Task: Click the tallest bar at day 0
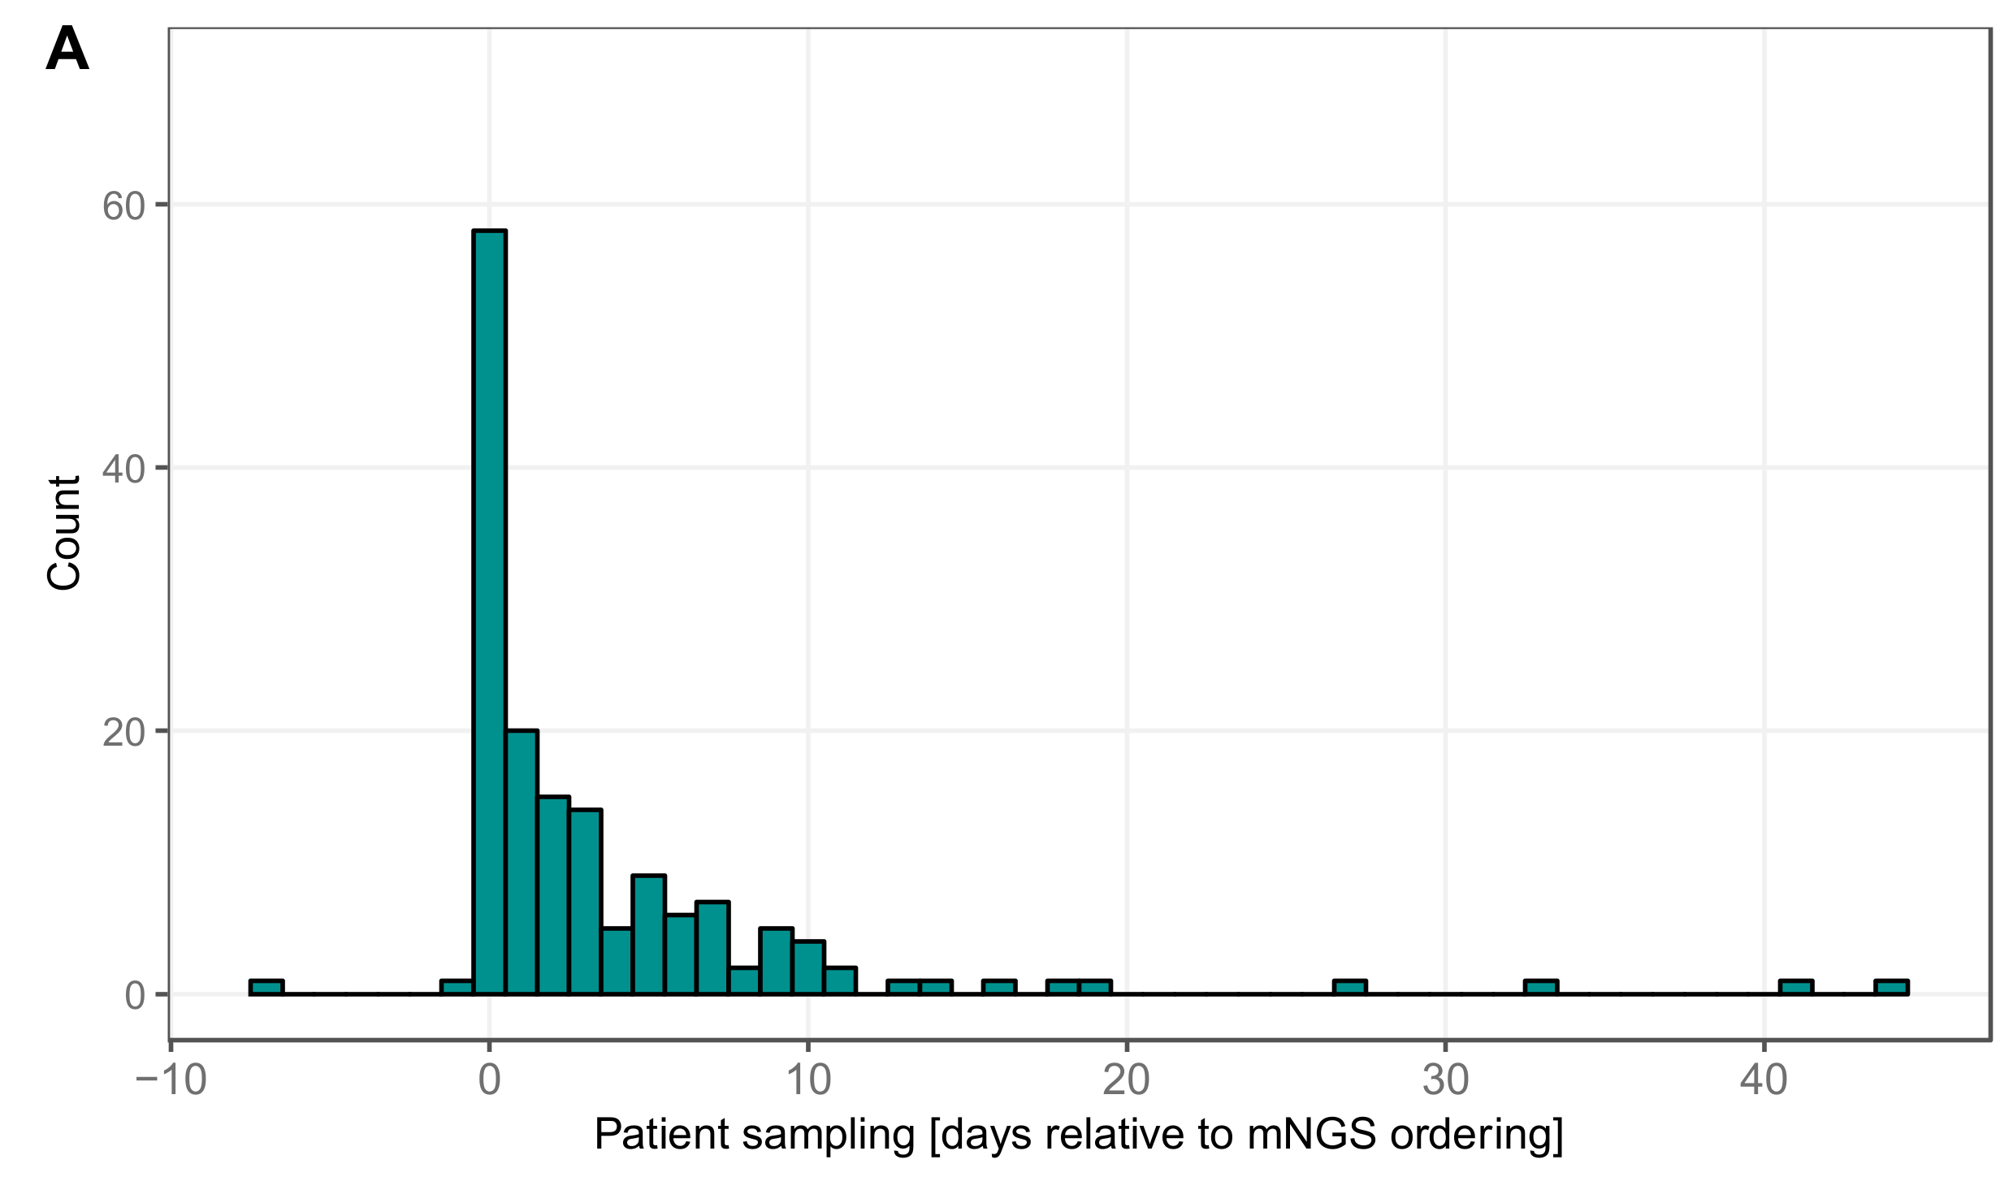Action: (x=490, y=609)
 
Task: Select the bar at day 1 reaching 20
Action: (x=522, y=861)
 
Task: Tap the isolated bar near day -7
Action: (x=266, y=988)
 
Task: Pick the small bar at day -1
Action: (x=457, y=988)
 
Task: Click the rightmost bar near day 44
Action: (x=1891, y=988)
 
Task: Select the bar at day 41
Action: (x=1796, y=988)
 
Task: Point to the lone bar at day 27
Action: (x=1350, y=988)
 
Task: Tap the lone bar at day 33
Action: (x=1541, y=988)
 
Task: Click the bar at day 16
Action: (x=999, y=988)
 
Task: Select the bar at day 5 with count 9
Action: (x=649, y=934)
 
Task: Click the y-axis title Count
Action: (x=64, y=533)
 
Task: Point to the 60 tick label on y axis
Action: (x=123, y=206)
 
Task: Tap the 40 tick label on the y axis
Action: (x=123, y=470)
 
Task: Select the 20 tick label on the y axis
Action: (x=123, y=733)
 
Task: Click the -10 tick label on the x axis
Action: (x=171, y=1081)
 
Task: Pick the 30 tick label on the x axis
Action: (x=1446, y=1081)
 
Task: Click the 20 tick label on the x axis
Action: (x=1127, y=1081)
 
